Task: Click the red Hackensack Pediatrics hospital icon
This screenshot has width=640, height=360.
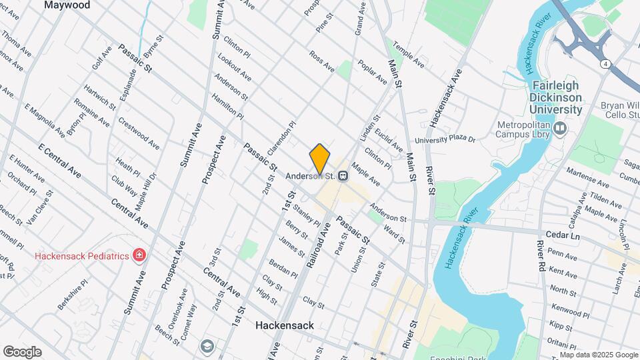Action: point(139,255)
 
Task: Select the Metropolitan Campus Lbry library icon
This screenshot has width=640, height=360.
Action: point(559,127)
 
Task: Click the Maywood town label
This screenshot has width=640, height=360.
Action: point(66,5)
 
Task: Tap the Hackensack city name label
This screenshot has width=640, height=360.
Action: point(285,325)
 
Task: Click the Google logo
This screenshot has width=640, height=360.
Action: point(22,352)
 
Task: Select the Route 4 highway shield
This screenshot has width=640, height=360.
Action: point(603,63)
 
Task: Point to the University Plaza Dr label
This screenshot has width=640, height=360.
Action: point(445,140)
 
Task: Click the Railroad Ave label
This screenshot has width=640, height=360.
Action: point(319,245)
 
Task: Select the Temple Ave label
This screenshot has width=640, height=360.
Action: point(409,55)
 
